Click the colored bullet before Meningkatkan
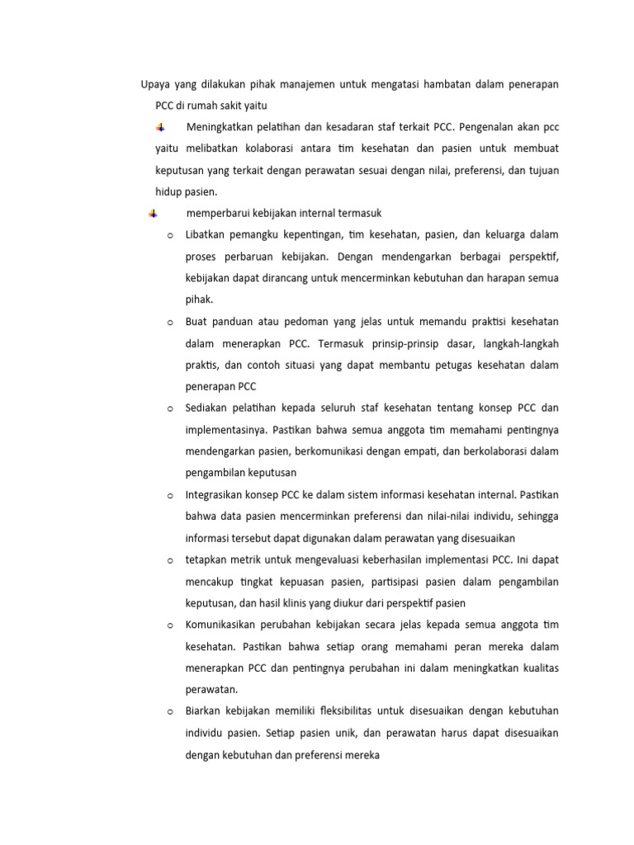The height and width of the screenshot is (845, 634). (161, 128)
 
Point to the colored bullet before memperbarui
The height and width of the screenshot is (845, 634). (154, 215)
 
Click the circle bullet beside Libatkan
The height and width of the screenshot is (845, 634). (169, 236)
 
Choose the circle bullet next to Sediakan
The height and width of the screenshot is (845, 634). (169, 408)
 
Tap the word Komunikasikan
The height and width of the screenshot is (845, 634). (225, 624)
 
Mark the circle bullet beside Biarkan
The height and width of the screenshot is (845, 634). (169, 710)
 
